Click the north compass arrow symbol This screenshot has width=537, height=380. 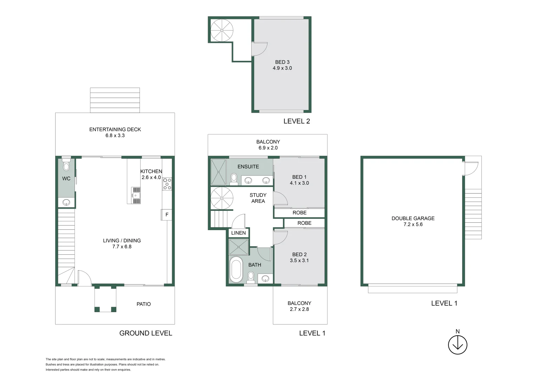[x=458, y=344]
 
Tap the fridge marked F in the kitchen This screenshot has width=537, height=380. [x=167, y=215]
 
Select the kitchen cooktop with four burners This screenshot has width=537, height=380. [x=167, y=184]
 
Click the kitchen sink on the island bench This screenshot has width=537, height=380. [x=136, y=195]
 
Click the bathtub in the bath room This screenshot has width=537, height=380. [x=236, y=270]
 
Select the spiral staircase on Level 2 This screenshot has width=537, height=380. [x=222, y=31]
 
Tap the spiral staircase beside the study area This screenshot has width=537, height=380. [x=222, y=198]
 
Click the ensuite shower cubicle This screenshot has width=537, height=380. [x=218, y=172]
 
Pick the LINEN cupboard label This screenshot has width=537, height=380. [x=238, y=233]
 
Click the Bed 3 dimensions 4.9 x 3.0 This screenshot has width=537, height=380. [x=282, y=68]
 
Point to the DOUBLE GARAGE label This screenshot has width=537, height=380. [x=413, y=218]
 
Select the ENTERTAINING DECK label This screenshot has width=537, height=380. [x=115, y=129]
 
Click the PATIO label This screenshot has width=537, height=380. [x=143, y=304]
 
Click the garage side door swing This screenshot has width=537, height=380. [x=471, y=169]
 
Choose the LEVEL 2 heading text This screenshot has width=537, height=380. [x=297, y=121]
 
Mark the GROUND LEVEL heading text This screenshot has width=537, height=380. [x=145, y=333]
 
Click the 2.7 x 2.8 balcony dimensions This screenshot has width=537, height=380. [x=299, y=309]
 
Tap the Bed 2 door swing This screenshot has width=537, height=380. [x=280, y=237]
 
